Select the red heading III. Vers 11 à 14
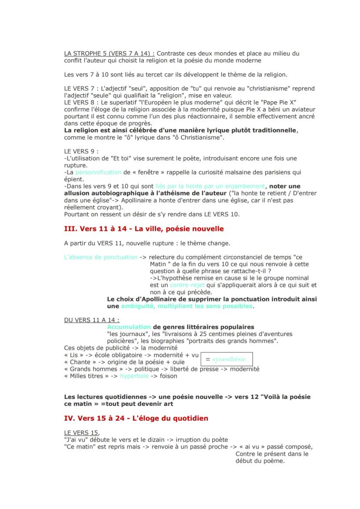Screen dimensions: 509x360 click(143, 229)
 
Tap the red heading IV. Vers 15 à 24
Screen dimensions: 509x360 click(136, 418)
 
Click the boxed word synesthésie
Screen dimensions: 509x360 click(226, 359)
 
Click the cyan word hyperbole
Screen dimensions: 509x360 click(134, 376)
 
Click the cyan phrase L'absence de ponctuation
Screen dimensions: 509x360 click(100, 257)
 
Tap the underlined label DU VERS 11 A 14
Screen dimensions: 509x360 click(86, 320)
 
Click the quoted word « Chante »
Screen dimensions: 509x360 click(80, 362)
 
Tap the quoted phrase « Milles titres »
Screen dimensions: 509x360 click(87, 376)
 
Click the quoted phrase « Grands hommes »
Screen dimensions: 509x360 click(90, 369)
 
